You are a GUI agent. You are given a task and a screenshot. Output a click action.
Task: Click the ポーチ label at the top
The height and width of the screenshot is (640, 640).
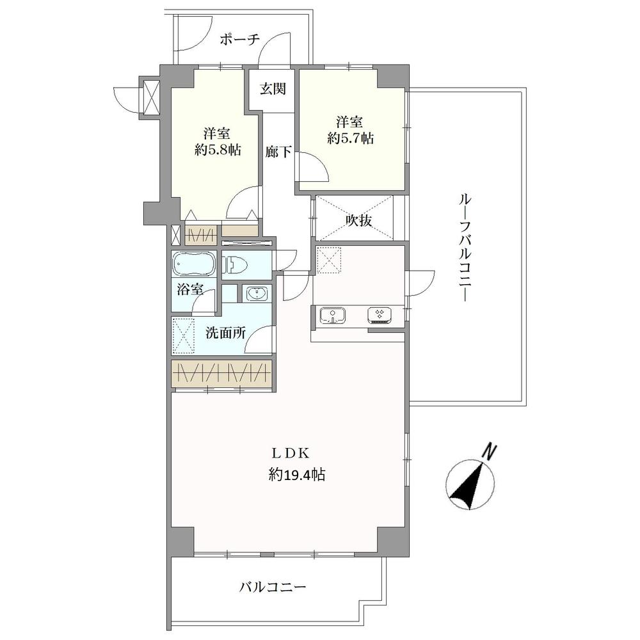(239, 40)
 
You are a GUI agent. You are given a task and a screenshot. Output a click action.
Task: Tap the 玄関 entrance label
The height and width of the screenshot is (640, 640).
(272, 89)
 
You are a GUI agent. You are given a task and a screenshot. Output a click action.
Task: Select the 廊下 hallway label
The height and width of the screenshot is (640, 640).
(279, 152)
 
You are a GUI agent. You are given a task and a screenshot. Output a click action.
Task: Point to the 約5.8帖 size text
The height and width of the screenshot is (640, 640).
(218, 151)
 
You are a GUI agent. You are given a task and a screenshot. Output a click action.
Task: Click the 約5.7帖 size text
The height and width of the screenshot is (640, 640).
(351, 138)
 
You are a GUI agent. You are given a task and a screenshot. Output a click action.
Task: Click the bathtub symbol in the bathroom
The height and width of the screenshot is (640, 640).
(195, 264)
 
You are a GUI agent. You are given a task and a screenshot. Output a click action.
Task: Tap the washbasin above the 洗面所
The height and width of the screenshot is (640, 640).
(256, 294)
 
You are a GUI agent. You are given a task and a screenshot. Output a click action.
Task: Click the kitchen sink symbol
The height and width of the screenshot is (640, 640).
(332, 315)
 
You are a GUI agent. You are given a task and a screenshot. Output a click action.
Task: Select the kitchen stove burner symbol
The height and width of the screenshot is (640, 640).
(380, 314)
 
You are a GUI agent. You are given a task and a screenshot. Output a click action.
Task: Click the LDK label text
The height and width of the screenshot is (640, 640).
(291, 453)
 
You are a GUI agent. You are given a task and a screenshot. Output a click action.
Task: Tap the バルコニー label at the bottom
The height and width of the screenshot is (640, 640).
(273, 586)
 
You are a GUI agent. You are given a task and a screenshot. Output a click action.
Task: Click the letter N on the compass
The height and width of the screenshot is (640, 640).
(490, 451)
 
